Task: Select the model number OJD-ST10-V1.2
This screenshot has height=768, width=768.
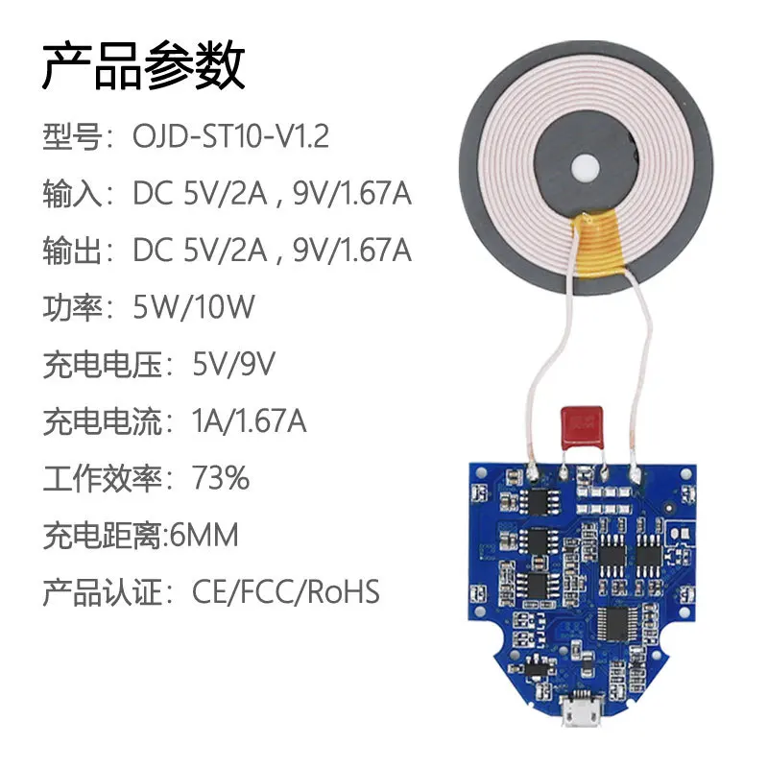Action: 230,136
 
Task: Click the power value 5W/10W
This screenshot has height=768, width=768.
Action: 194,307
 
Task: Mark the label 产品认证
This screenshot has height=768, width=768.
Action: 100,592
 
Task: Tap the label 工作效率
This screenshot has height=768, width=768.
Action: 100,478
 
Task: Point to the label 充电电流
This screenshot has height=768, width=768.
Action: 100,421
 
